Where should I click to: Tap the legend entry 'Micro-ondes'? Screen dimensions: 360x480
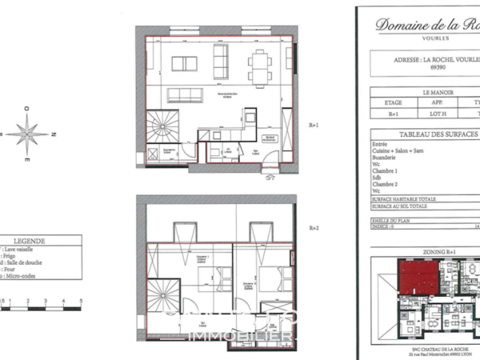click(24, 277)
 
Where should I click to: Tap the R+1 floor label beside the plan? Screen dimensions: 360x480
click(314, 126)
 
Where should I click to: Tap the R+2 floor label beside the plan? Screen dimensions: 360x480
click(314, 228)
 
